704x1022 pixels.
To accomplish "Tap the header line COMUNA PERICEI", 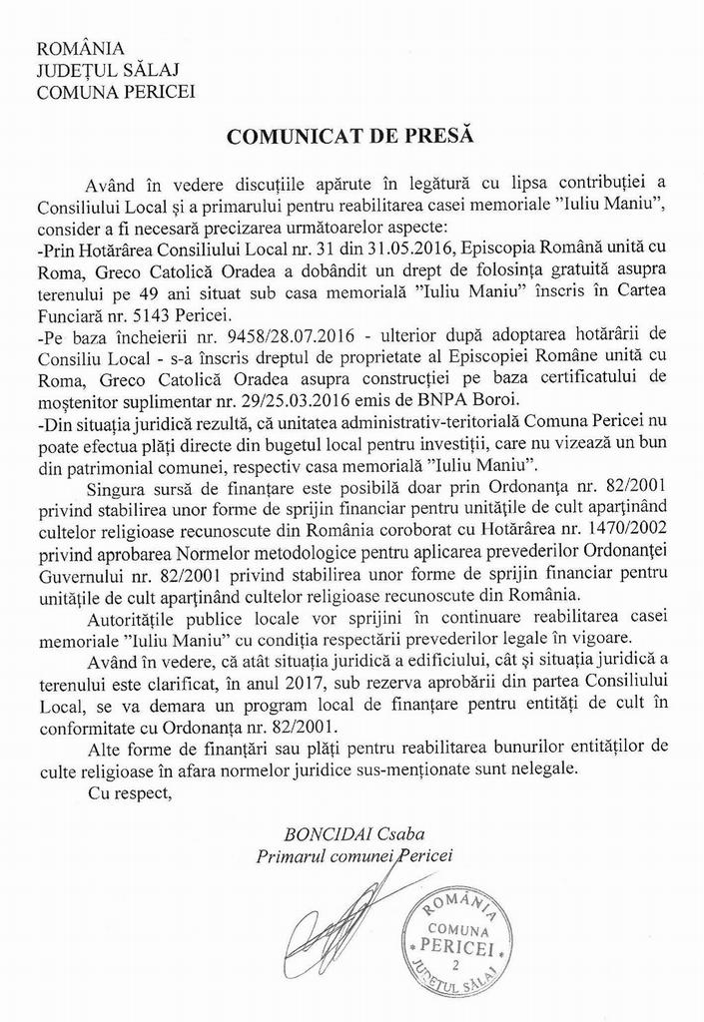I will pyautogui.click(x=115, y=93).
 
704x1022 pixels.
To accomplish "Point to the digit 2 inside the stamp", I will pyautogui.click(x=455, y=967).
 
